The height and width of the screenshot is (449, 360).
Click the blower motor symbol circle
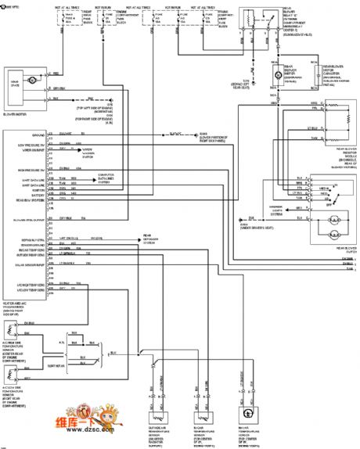pyautogui.click(x=32, y=81)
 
